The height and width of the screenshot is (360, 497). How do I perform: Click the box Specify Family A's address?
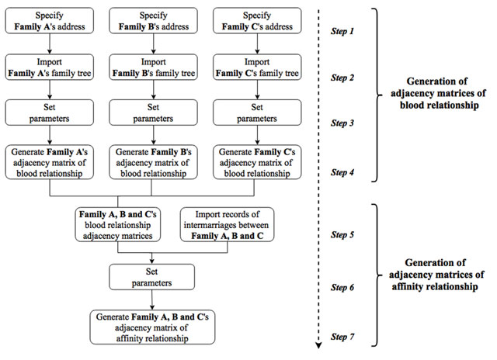pyautogui.click(x=52, y=21)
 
